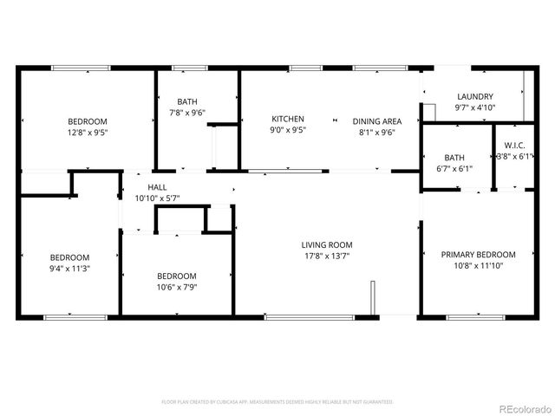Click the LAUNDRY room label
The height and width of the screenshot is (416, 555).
474,97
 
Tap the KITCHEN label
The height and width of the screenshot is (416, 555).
288,120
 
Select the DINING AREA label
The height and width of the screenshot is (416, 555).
376,121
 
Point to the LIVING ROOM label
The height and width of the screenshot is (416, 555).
327,245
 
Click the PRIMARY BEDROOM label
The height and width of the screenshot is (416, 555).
478,255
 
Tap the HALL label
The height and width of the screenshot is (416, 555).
157,187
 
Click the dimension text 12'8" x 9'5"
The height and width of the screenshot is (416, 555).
88,133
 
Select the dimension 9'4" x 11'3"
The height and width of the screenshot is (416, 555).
69,269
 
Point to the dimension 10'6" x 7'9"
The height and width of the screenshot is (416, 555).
176,287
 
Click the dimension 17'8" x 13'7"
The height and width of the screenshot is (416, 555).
327,256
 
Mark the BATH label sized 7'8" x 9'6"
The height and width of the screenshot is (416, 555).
187,101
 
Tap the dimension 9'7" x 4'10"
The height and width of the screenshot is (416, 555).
474,108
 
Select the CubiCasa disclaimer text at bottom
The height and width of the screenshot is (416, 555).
277,402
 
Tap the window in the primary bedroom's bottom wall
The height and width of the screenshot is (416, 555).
476,317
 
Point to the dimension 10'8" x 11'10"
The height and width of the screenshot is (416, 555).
478,266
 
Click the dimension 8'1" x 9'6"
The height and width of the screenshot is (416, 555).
376,133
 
